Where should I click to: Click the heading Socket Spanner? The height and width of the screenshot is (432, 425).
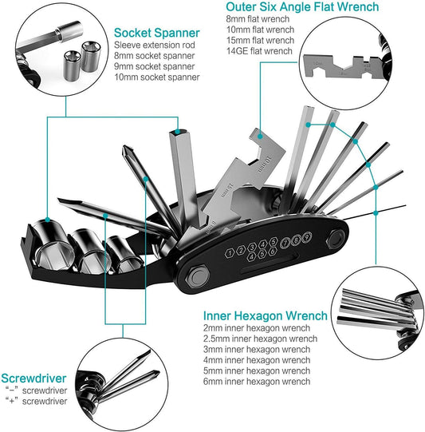[157, 33]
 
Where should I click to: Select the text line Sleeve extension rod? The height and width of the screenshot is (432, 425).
[155, 45]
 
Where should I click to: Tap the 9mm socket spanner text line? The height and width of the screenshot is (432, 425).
[155, 66]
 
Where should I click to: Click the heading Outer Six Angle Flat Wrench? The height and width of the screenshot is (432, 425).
[302, 6]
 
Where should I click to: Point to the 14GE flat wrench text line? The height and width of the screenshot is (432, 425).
[259, 51]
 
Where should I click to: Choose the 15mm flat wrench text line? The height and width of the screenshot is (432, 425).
[260, 40]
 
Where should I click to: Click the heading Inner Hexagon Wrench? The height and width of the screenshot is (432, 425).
[266, 316]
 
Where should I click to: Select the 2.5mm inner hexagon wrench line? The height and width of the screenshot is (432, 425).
[260, 339]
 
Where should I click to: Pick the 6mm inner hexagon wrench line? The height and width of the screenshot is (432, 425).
[257, 382]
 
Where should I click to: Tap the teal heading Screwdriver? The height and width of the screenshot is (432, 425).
[33, 378]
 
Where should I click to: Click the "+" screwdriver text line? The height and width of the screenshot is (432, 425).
[37, 401]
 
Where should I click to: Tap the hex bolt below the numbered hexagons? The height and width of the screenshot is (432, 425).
[198, 276]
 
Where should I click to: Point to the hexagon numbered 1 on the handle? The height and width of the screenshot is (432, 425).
[230, 252]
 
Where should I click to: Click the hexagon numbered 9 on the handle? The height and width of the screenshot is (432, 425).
[307, 236]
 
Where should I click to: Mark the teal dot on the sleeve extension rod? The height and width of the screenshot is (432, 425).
[178, 132]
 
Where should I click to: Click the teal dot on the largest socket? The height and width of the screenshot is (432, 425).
[47, 220]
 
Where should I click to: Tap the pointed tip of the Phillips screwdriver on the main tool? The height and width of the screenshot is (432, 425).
[124, 147]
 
